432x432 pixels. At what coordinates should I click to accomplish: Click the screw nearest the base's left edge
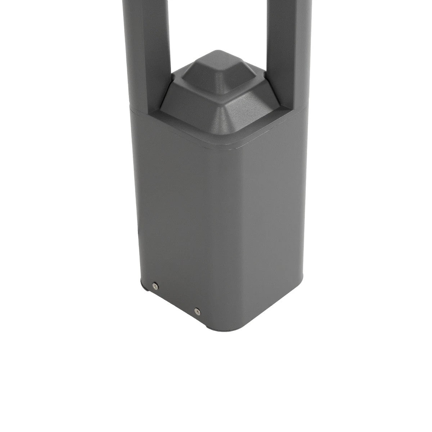[x=154, y=286]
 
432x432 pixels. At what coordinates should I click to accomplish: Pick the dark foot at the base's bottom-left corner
[x=144, y=288]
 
